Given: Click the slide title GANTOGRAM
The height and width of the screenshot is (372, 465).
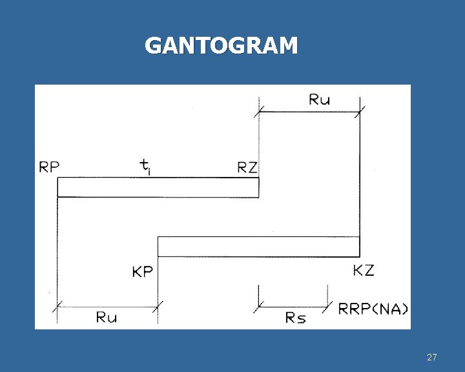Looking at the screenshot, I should click(x=221, y=46).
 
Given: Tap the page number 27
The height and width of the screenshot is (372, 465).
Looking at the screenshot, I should click(x=432, y=357).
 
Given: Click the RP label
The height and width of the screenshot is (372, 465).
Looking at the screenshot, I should click(x=50, y=167).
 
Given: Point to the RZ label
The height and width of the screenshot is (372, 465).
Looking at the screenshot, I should click(x=247, y=168).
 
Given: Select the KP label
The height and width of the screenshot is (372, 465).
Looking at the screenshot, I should click(x=143, y=272).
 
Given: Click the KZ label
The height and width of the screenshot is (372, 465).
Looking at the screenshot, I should click(x=364, y=270).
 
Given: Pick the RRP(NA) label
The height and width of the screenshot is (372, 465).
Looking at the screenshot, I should click(x=373, y=308).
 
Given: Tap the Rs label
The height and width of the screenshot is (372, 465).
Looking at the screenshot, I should click(x=294, y=318).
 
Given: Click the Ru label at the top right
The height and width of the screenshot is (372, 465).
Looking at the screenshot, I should click(x=320, y=99).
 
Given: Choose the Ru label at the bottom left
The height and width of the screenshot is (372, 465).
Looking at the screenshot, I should click(x=107, y=317).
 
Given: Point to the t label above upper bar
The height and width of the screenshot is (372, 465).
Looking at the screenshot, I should click(x=146, y=167).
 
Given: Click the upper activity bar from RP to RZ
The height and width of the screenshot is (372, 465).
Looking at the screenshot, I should click(x=158, y=187).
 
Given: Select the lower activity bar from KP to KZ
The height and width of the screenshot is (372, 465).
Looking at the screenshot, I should click(x=258, y=247).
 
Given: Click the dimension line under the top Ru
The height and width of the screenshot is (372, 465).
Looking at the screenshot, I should click(x=309, y=112).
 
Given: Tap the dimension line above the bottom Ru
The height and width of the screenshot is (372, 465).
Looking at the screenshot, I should click(x=107, y=307).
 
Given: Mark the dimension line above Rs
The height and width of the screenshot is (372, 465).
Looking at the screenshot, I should click(x=293, y=306).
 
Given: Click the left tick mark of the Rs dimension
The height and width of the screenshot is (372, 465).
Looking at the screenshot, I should click(x=259, y=298).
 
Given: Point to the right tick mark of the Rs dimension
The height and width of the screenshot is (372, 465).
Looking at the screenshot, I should click(x=327, y=298).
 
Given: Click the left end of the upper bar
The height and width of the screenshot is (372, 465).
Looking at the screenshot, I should click(x=59, y=187).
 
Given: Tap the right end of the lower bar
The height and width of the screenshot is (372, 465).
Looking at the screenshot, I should click(x=358, y=247).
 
